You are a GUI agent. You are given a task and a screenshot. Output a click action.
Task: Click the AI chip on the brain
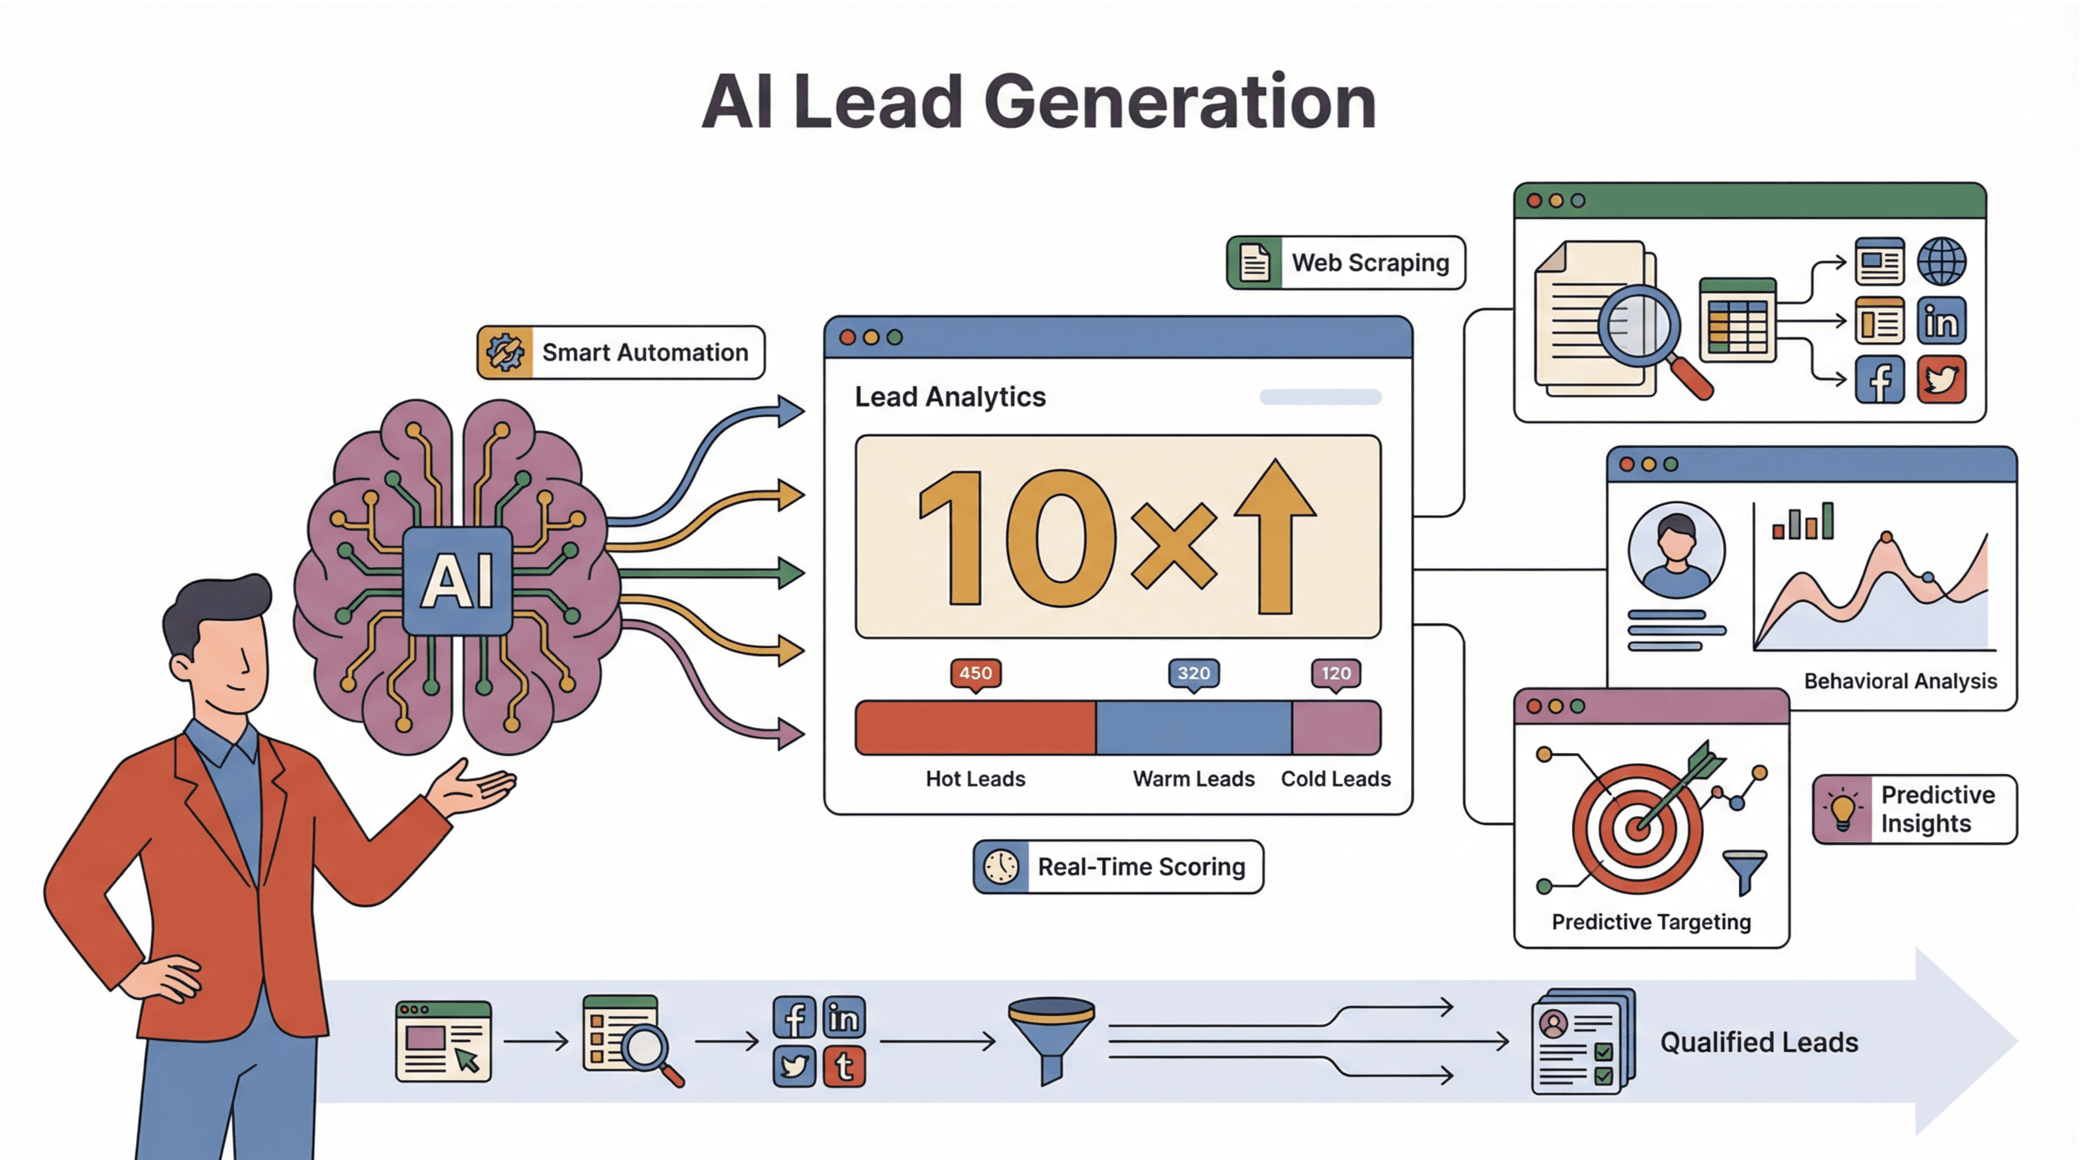[457, 580]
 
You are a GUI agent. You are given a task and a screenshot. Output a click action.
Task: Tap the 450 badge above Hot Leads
[975, 673]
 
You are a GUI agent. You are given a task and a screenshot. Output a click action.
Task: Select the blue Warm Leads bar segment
[1193, 728]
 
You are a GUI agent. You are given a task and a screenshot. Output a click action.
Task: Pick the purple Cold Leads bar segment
[1335, 728]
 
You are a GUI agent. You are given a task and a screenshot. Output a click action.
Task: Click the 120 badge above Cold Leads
[1335, 673]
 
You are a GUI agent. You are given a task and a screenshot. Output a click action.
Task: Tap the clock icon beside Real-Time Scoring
[1001, 867]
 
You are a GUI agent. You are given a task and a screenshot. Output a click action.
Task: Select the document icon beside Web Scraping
[1254, 263]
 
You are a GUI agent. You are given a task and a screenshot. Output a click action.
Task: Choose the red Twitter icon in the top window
[1941, 380]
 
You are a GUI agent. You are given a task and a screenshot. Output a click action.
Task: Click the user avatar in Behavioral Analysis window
[1676, 550]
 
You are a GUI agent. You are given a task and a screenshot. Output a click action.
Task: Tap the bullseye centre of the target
[1637, 828]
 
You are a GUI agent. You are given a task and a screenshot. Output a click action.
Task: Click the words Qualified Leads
[1758, 1042]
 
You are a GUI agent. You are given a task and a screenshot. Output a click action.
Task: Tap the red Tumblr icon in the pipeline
[844, 1066]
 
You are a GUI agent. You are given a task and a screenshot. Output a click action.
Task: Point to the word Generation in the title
[1179, 103]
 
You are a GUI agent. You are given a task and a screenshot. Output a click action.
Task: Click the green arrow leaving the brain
[711, 572]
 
